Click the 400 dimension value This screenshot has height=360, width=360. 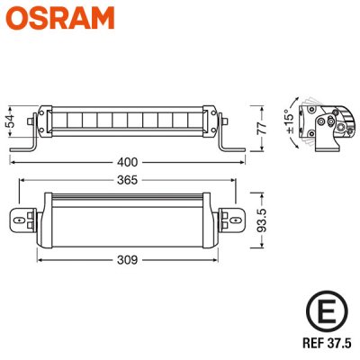point(127,162)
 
